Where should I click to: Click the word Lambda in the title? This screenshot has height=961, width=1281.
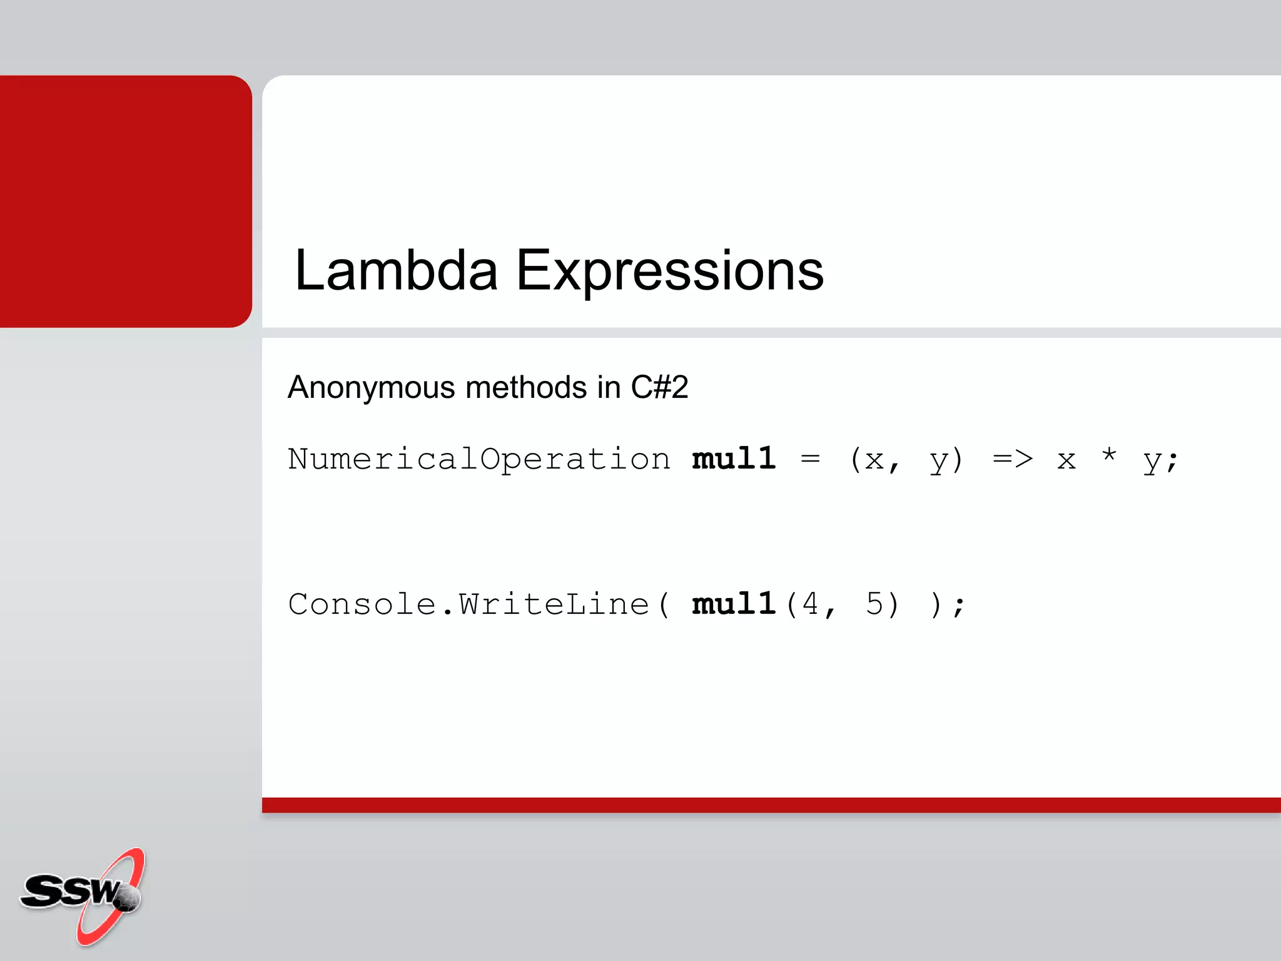click(x=395, y=270)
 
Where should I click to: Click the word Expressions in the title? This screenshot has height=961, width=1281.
click(x=669, y=270)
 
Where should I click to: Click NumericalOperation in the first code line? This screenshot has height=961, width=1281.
click(x=478, y=460)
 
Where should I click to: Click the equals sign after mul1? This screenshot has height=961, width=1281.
click(x=810, y=459)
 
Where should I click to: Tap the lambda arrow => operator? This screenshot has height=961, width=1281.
click(x=1013, y=459)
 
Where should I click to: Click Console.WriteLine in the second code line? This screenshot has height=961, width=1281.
click(x=469, y=604)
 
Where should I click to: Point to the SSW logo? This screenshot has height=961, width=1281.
click(x=81, y=895)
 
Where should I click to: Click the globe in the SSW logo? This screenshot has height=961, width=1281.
click(x=128, y=898)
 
